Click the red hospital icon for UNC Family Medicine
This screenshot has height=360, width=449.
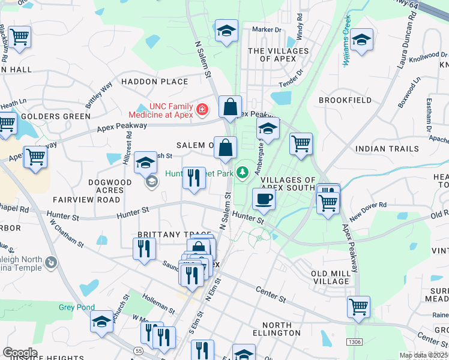coord(202,110)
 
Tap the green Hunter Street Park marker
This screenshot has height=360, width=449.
coord(242,173)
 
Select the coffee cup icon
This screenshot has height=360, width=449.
coord(263,199)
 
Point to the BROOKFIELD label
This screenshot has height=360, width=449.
coord(345,100)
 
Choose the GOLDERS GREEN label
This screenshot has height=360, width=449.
coord(47,116)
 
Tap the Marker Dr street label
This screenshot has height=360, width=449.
coord(267,29)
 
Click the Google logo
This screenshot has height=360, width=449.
coord(20,353)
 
